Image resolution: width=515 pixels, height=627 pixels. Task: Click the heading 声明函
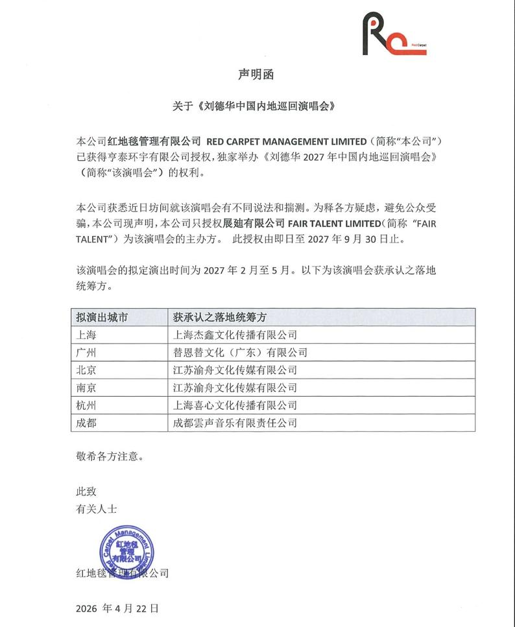[257, 75]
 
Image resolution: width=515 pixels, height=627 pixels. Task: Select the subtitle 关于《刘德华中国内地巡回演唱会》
[257, 106]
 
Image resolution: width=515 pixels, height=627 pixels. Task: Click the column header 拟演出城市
[102, 318]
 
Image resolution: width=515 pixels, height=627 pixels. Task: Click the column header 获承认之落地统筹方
[221, 318]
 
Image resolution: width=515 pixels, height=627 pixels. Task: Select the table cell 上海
[87, 335]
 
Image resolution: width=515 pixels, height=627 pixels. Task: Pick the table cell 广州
[87, 353]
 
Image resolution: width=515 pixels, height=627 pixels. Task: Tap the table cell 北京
[87, 370]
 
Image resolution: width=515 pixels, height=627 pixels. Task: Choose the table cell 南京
[87, 388]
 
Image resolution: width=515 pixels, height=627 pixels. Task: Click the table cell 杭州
[87, 405]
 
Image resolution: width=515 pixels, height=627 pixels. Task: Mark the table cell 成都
[87, 423]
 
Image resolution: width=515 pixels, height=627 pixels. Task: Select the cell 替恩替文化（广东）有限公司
[240, 353]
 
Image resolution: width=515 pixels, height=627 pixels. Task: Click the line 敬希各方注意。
[109, 456]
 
